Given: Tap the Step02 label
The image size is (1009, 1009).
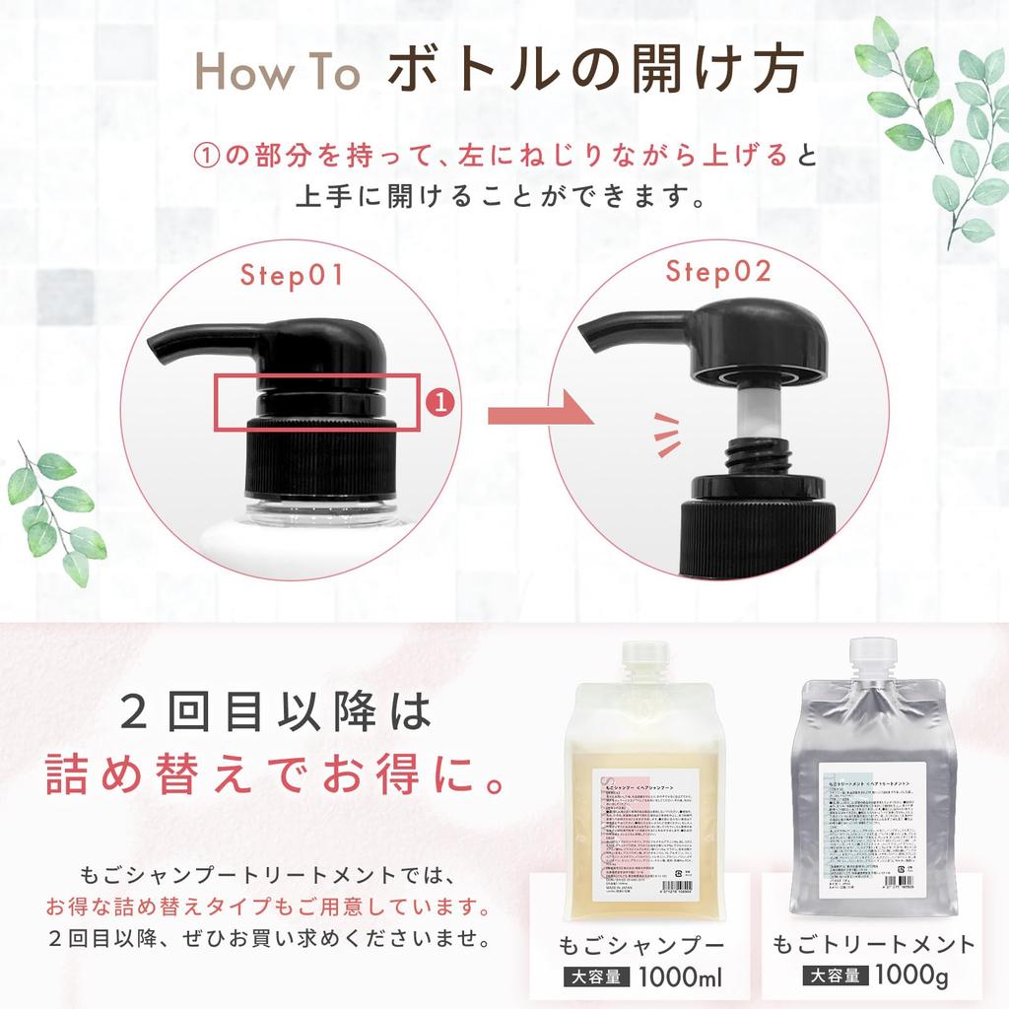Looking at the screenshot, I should (x=717, y=272).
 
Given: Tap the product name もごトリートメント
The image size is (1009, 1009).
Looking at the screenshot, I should (x=874, y=944).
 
